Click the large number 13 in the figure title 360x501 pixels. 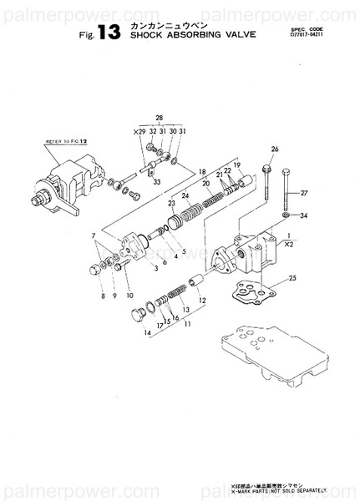(109, 33)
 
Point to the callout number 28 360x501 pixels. (159, 119)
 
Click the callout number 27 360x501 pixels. (304, 193)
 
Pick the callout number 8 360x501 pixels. (103, 296)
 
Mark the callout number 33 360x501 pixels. (157, 181)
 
